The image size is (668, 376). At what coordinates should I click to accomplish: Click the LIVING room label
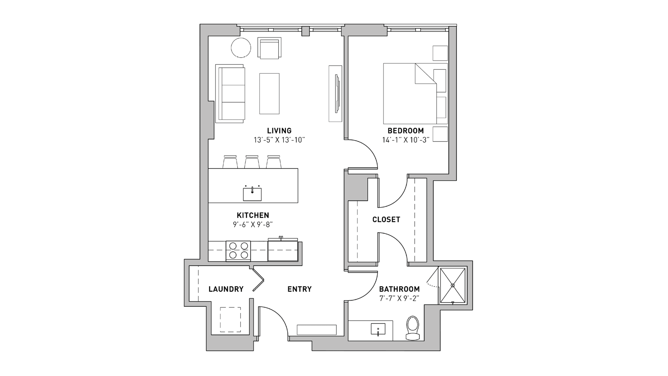coord(279,131)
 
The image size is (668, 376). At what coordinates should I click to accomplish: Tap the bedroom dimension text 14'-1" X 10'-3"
coord(405,140)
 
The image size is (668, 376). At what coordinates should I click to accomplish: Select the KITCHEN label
coord(253,215)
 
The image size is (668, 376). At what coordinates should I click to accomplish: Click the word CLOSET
coord(386,219)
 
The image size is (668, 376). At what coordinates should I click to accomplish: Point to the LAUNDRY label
coord(226,289)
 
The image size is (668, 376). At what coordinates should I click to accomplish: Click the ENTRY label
coord(299,289)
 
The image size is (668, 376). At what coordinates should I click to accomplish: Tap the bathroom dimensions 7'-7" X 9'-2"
coord(399,299)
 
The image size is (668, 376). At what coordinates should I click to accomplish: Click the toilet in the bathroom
coord(413,328)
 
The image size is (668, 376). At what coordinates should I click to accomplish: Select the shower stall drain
coord(453,286)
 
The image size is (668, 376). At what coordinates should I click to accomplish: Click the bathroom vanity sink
coord(378,329)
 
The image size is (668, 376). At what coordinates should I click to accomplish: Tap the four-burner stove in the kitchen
coord(238,251)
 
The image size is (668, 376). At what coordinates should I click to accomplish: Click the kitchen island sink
coord(252,194)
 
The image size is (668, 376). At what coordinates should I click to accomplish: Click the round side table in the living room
coord(241,48)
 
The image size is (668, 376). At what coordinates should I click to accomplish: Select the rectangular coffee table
coord(269,94)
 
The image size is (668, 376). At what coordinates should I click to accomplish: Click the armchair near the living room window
coord(269,48)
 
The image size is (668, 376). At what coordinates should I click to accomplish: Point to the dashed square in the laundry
coord(230,320)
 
